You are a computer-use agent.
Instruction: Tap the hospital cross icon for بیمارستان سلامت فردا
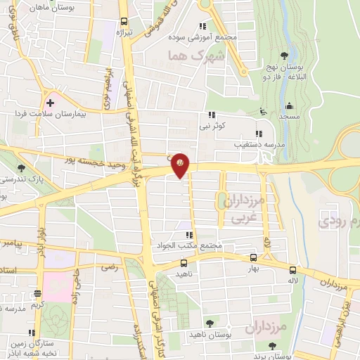[x=50, y=102]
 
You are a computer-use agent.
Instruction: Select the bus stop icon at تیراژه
[x=124, y=21]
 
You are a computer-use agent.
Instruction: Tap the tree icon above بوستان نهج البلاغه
[x=284, y=54]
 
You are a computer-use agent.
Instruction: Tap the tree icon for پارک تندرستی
[x=21, y=168]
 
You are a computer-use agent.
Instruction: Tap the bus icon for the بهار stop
[x=253, y=257]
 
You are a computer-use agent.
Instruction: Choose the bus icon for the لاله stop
[x=292, y=269]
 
